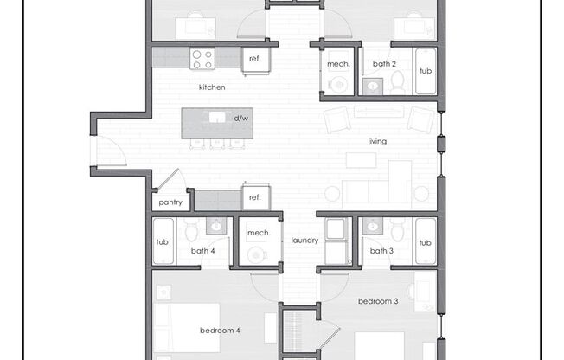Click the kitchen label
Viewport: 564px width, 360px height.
tap(212, 87)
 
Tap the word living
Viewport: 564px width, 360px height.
tap(376, 141)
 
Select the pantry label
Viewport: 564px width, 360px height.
tap(169, 203)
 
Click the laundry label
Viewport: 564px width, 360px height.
tap(304, 241)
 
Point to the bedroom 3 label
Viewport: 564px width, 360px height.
tap(378, 301)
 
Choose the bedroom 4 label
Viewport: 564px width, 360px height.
tap(220, 331)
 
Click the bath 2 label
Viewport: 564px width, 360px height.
tap(385, 63)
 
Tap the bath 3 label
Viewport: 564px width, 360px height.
tap(381, 251)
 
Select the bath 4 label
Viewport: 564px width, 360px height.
tap(202, 251)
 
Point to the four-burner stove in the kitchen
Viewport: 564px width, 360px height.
tap(202, 58)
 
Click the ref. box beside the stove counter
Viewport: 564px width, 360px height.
tap(255, 58)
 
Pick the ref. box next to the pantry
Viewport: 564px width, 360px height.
tap(255, 197)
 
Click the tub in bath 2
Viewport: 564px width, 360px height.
tap(425, 69)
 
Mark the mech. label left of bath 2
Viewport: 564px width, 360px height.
tap(336, 63)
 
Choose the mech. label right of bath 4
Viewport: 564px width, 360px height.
tap(259, 233)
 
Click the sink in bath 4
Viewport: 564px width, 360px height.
tap(215, 226)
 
